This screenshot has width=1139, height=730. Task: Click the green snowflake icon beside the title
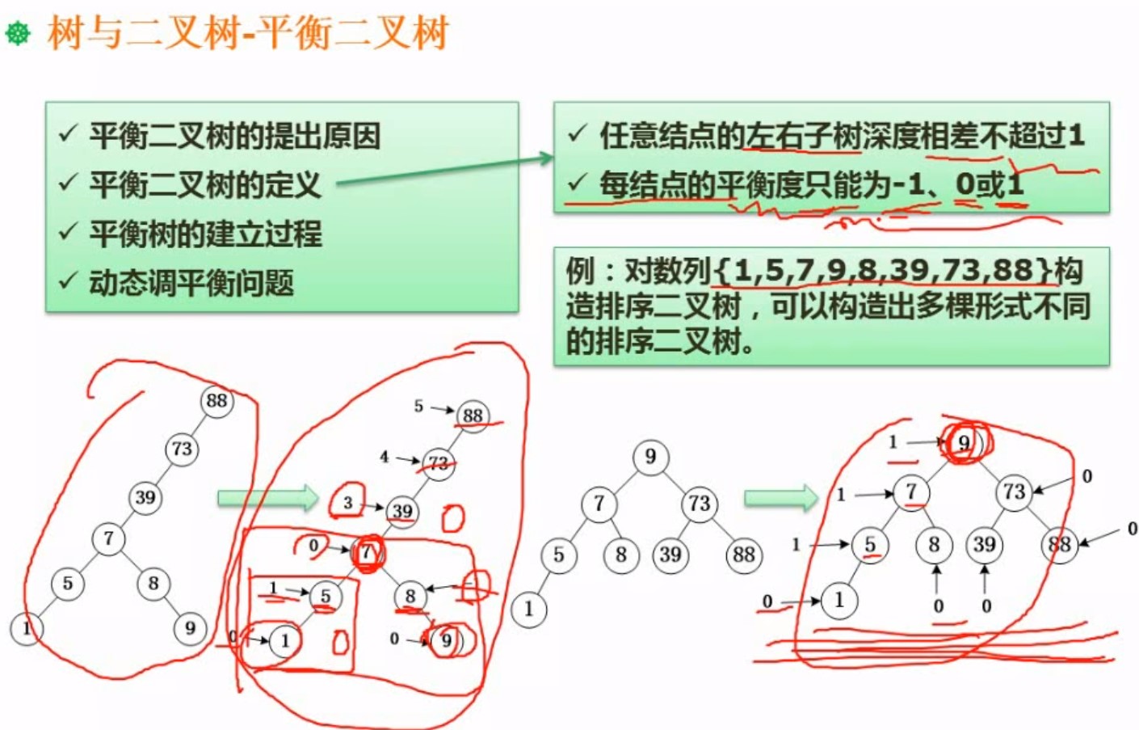18,33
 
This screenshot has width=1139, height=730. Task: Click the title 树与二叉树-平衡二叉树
247,33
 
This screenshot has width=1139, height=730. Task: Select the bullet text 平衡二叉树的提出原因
234,136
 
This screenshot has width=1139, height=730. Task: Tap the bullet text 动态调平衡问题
191,283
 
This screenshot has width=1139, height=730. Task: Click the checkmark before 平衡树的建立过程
68,233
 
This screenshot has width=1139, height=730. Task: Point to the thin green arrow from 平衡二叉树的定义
444,171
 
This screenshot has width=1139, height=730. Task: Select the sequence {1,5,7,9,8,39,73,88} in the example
884,270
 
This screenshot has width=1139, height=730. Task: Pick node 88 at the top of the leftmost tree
216,401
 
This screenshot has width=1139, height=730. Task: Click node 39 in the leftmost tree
145,497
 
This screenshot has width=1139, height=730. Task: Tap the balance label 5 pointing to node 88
418,406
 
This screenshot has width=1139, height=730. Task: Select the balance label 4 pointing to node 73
385,457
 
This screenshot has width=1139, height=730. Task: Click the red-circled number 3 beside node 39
347,503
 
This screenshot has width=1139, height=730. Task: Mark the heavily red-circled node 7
368,553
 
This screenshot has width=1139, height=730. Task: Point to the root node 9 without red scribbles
650,457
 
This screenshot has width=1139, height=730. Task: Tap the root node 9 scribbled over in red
964,443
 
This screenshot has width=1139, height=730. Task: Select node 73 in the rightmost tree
1014,492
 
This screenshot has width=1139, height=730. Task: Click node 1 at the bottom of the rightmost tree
838,600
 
